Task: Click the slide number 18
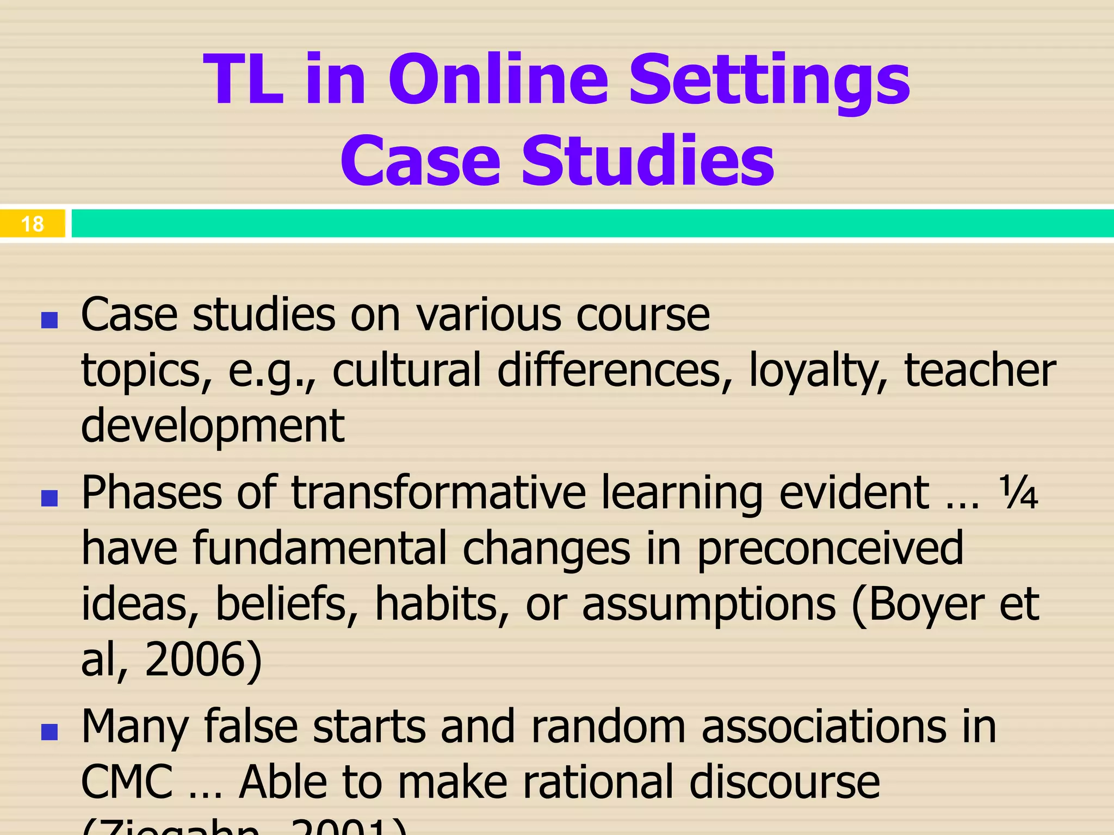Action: pos(32,224)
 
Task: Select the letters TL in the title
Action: pos(243,80)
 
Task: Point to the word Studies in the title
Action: pos(648,161)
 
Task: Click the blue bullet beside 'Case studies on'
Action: pos(49,320)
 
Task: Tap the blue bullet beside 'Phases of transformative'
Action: pos(49,498)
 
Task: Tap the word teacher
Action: pos(980,370)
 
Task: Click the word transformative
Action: pos(438,493)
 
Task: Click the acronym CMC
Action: pos(127,781)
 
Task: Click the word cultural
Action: pos(407,370)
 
